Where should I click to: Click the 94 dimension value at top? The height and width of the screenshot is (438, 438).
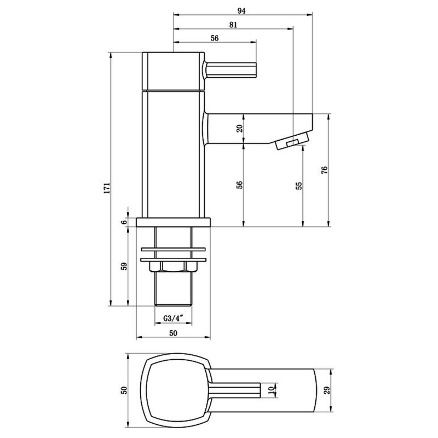click(x=241, y=11)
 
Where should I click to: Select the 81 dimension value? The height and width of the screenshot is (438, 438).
click(x=233, y=25)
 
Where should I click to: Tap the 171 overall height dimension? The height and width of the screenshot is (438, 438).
click(x=107, y=188)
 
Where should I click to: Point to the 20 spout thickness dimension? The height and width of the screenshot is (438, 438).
click(x=240, y=129)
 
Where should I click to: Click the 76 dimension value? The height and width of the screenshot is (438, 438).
click(x=324, y=170)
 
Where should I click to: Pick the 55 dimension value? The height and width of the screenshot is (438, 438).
click(x=298, y=186)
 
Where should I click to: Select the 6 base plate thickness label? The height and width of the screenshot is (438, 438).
click(x=124, y=222)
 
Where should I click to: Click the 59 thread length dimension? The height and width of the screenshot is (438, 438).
click(x=124, y=266)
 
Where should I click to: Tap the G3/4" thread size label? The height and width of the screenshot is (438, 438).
click(x=173, y=318)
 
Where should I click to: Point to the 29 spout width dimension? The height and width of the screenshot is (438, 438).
click(x=327, y=390)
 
